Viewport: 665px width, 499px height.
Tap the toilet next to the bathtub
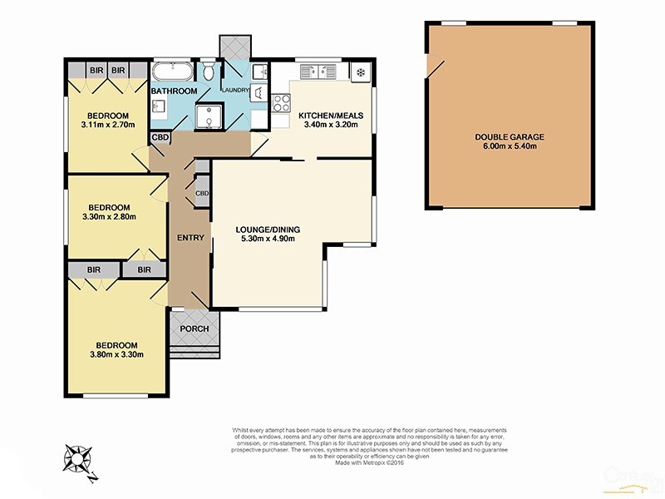(x=208, y=69)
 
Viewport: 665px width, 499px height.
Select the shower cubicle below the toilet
(x=208, y=116)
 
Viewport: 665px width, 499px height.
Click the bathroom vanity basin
(x=159, y=106)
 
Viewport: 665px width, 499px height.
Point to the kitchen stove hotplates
(x=280, y=104)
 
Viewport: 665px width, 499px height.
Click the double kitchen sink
(x=318, y=72)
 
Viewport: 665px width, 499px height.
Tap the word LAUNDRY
(x=234, y=90)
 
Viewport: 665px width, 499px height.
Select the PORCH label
(x=195, y=329)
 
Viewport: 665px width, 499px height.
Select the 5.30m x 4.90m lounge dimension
(x=267, y=239)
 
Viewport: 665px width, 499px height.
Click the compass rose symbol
(x=78, y=460)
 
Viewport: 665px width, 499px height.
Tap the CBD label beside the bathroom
(x=160, y=137)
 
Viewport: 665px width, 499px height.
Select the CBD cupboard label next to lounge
(x=202, y=193)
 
